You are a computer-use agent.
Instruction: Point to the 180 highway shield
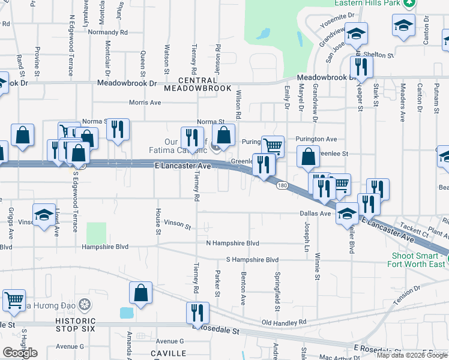point(282,186)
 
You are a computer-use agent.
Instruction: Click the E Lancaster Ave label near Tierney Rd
point(182,166)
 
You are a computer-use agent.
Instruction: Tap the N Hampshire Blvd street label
point(232,243)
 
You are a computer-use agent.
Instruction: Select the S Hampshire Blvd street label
point(252,260)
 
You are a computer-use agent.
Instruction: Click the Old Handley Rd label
point(284,322)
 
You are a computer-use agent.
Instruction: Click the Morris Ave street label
point(146,103)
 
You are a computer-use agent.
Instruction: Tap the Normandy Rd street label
point(108,32)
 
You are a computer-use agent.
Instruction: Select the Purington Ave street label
point(316,139)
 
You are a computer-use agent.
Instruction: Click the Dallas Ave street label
point(316,213)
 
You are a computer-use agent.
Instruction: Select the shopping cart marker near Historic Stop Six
point(14,299)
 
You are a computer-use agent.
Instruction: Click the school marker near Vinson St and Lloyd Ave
point(44,216)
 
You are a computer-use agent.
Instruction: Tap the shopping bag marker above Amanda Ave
point(140,293)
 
